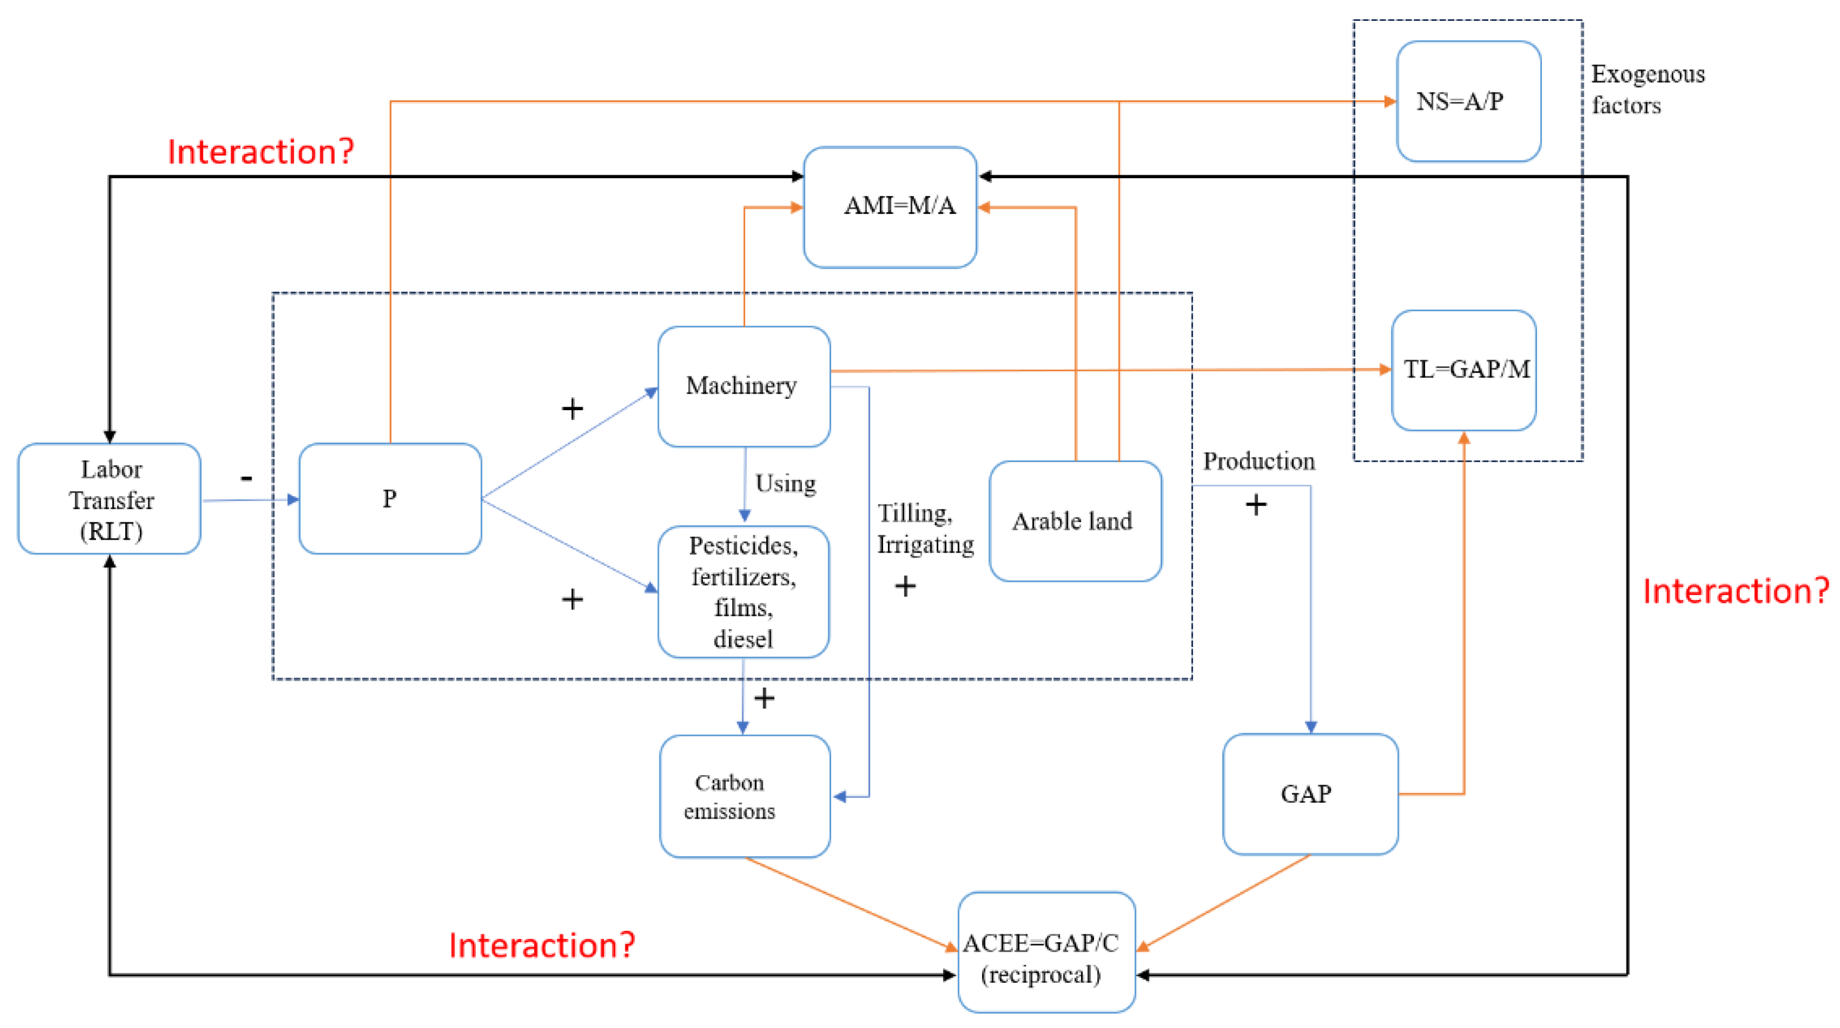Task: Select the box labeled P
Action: click(x=390, y=498)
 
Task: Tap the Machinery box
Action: click(x=744, y=386)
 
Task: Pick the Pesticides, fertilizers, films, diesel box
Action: click(x=744, y=592)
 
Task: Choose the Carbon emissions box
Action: click(x=745, y=796)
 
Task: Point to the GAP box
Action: click(x=1310, y=794)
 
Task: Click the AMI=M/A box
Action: click(x=890, y=207)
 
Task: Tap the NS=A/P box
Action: click(x=1469, y=101)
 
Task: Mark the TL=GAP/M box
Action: click(x=1464, y=370)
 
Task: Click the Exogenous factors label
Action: click(x=1647, y=89)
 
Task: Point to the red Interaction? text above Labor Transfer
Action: click(x=261, y=151)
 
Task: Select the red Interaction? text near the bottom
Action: click(x=541, y=945)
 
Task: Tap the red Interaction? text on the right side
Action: click(x=1736, y=592)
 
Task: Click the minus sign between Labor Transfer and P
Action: click(x=246, y=477)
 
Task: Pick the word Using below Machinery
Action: click(x=786, y=484)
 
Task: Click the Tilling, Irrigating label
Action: click(x=925, y=529)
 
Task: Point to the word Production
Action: click(x=1259, y=462)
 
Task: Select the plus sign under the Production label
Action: click(x=1256, y=505)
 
